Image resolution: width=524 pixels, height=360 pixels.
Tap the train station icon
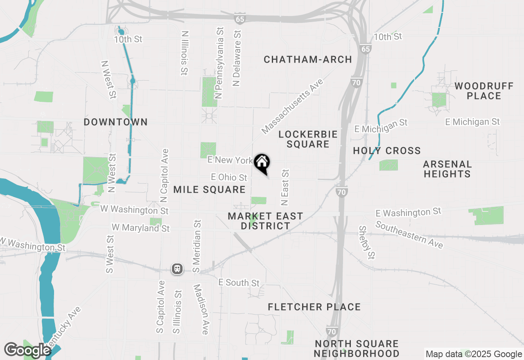pos(177,269)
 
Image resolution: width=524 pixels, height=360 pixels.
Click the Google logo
pos(27,350)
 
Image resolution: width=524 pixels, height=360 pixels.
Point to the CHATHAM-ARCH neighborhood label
pos(308,60)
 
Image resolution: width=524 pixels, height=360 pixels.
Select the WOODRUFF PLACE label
pos(483,91)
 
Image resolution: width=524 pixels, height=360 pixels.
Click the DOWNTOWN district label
pos(115,122)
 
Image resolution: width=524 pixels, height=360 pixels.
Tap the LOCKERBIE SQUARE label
pos(308,139)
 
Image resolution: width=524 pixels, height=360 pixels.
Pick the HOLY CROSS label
pos(387,151)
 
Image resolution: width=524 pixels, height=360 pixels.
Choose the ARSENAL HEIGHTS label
pos(447,169)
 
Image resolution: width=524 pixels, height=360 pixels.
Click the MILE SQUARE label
pos(209,189)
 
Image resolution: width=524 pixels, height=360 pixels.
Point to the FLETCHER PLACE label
pos(314,307)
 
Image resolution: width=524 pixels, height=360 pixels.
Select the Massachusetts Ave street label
pos(292,106)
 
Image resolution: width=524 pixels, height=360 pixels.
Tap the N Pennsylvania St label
pos(220,63)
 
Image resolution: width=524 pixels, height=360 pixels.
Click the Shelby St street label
pos(367,242)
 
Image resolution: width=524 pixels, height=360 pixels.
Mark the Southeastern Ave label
pos(409,234)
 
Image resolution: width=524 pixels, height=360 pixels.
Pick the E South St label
pos(239,283)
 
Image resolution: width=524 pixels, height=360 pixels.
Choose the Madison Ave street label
pos(201,310)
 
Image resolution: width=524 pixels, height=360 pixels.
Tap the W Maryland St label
pos(140,227)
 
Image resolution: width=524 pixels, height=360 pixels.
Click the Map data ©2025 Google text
pos(474,354)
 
